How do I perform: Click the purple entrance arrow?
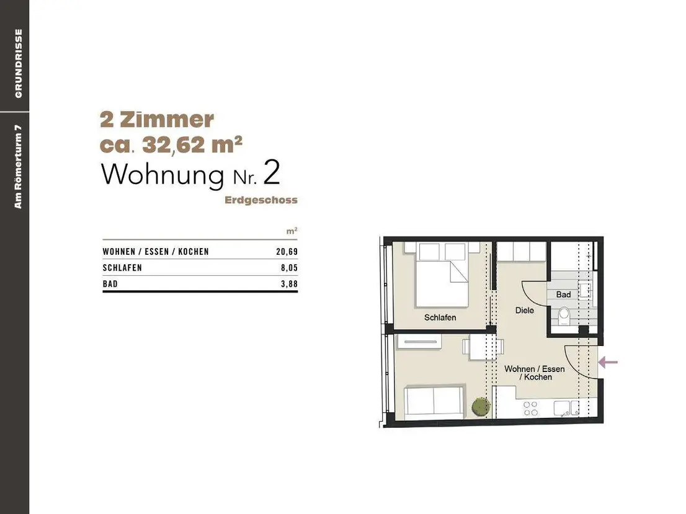608,362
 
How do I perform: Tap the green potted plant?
481,406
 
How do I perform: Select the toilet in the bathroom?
564,315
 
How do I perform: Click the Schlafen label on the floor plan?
440,317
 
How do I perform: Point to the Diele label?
525,310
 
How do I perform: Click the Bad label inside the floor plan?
563,295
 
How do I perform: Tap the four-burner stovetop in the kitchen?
531,409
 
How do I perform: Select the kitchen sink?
566,408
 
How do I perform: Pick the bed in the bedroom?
442,275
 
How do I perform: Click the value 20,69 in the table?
287,252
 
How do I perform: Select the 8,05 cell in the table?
289,268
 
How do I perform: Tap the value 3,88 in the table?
289,284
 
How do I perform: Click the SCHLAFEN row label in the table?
122,268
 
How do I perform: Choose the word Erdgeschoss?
261,200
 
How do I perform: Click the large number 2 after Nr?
271,173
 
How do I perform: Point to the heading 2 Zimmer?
157,120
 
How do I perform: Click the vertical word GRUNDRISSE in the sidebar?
19,63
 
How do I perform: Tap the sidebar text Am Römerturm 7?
18,167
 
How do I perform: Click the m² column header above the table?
292,231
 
